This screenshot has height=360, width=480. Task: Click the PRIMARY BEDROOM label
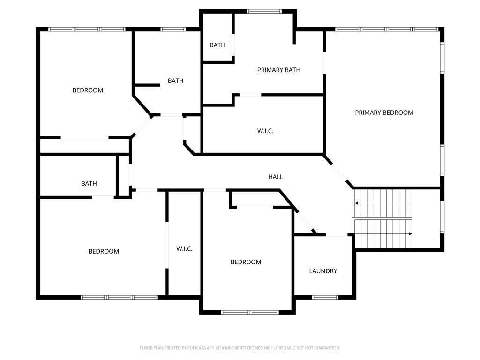click(384, 112)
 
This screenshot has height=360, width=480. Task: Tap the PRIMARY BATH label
click(278, 70)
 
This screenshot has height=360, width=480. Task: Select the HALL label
click(276, 177)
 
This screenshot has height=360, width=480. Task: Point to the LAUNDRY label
click(323, 271)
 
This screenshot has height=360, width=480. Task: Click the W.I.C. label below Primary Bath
click(265, 131)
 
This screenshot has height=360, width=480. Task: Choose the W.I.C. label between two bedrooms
click(184, 248)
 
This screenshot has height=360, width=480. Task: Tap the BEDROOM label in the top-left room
click(88, 90)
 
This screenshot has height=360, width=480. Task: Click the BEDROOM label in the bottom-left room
click(104, 251)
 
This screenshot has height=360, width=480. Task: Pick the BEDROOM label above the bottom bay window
click(246, 262)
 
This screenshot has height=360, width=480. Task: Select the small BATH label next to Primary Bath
click(217, 45)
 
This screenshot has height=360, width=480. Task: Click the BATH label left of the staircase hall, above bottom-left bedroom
click(89, 183)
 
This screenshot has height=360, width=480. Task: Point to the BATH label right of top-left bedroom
click(175, 81)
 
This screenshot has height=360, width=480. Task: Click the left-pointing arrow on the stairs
click(356, 203)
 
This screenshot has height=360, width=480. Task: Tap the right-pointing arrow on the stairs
click(410, 233)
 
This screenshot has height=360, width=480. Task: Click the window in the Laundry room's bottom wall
click(325, 297)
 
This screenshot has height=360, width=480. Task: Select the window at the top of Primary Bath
click(264, 11)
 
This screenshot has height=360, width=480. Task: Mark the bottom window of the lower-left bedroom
click(120, 297)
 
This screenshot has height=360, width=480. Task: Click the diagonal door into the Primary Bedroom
click(339, 172)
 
